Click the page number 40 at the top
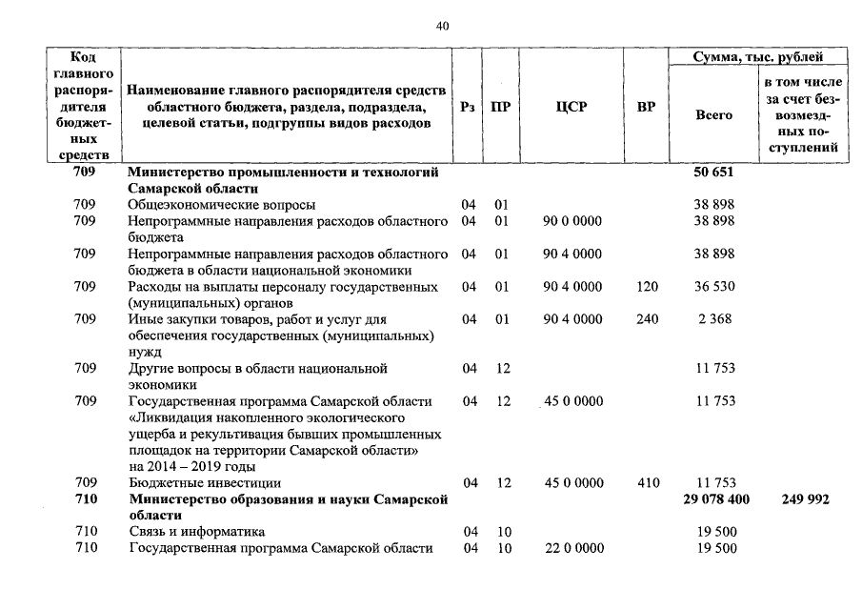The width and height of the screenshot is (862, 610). (x=441, y=26)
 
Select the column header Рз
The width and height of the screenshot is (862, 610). (x=467, y=107)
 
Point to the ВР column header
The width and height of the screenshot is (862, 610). (x=646, y=107)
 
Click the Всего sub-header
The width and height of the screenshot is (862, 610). (x=713, y=114)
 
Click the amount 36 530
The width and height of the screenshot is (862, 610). (x=713, y=287)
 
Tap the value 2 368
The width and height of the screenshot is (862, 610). (x=713, y=319)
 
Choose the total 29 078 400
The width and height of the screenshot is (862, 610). (x=716, y=499)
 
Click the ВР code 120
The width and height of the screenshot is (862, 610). (x=647, y=287)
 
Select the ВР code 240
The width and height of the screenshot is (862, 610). (x=647, y=319)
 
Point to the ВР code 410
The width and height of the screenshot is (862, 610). (x=647, y=483)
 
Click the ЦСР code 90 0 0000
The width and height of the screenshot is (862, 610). (x=571, y=221)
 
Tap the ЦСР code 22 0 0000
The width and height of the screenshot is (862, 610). (x=571, y=548)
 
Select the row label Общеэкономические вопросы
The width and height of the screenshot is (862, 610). (x=222, y=205)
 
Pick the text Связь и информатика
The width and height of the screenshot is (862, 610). (x=197, y=532)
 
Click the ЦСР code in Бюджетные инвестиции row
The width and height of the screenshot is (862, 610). (x=572, y=483)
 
